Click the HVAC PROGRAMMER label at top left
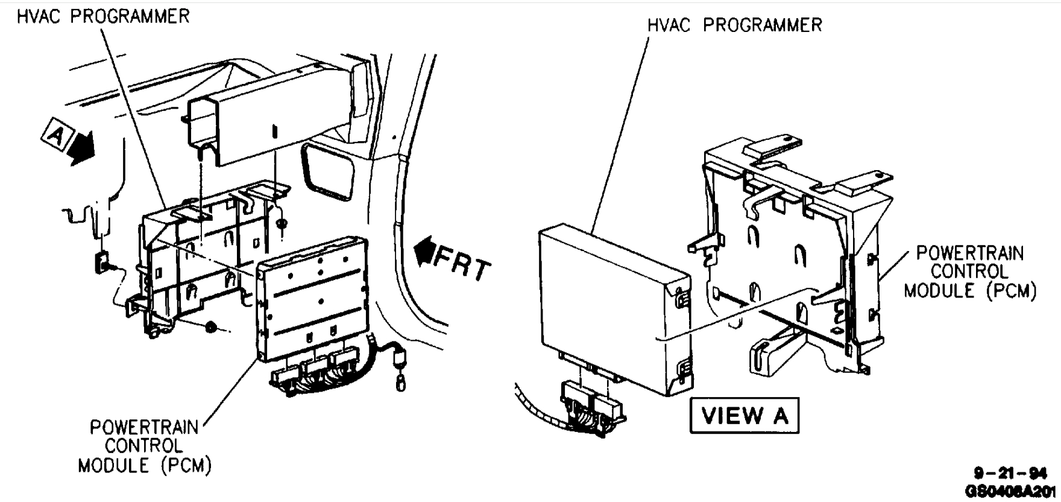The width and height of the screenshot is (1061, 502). (103, 16)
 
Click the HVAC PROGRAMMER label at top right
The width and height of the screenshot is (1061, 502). (734, 25)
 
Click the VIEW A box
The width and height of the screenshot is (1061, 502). (745, 415)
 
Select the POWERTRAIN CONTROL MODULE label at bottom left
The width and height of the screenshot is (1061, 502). (145, 446)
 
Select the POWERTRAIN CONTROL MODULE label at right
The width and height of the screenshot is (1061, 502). (969, 272)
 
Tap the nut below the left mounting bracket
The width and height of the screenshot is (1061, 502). (212, 327)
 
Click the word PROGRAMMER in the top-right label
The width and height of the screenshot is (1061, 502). (762, 25)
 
